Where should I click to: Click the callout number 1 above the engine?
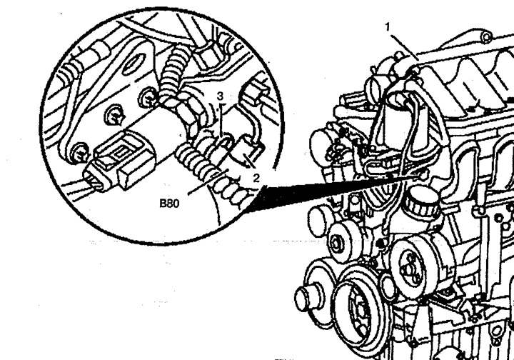pyautogui.click(x=388, y=26)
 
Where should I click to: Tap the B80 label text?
pyautogui.click(x=170, y=203)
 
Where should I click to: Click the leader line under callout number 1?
pyautogui.click(x=404, y=44)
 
